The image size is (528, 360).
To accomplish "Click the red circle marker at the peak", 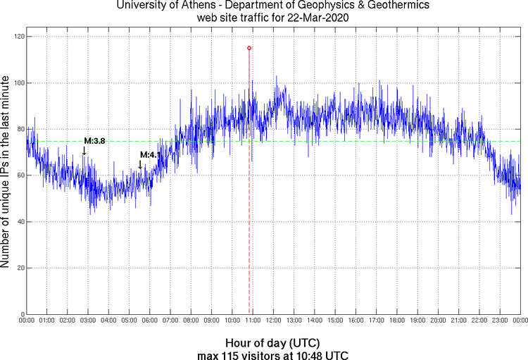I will pos(249,48).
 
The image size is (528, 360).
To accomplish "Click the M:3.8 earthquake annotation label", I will pos(94,141).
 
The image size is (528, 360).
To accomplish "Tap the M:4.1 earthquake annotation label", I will pos(151,155).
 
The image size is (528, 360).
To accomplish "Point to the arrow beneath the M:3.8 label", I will pos(84,150).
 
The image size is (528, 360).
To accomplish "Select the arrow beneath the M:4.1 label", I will pos(140,164).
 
